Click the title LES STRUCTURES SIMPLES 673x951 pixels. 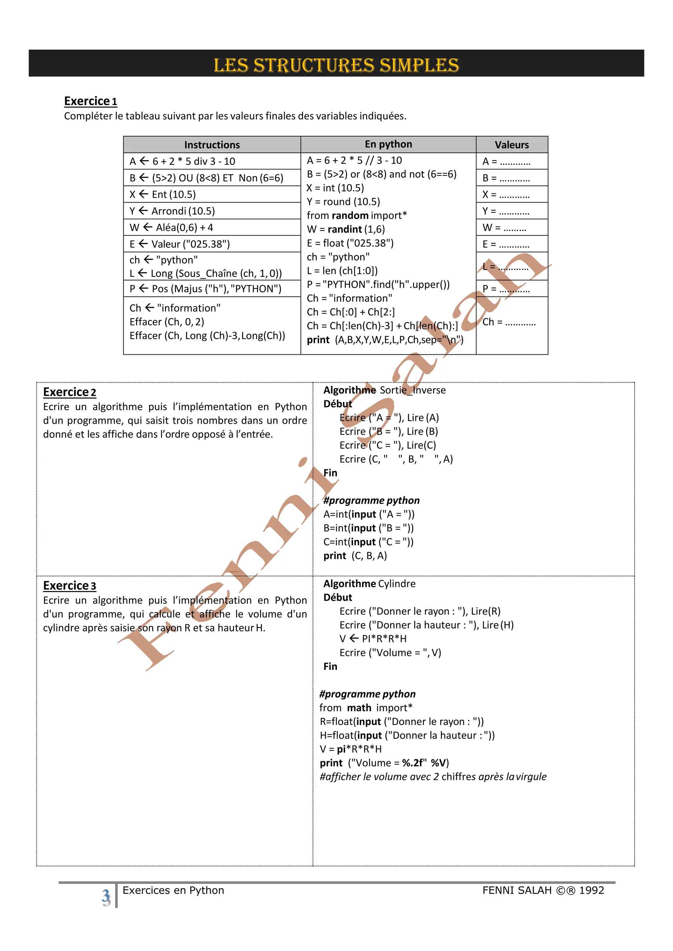[x=336, y=65]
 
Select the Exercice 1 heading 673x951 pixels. [x=90, y=101]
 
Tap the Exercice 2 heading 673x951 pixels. [x=69, y=392]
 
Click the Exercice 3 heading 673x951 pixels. [x=69, y=586]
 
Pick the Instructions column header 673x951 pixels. [x=212, y=145]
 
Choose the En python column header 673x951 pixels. [x=388, y=144]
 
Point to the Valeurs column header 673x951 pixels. [x=511, y=145]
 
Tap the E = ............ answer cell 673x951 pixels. [x=506, y=244]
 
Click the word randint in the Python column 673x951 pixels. [x=345, y=230]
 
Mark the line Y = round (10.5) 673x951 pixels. [x=343, y=202]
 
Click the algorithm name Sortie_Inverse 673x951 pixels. [x=413, y=390]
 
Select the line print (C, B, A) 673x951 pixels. [x=355, y=556]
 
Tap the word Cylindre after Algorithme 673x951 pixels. [x=397, y=584]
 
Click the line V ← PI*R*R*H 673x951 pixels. [x=373, y=639]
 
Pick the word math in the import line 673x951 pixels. [x=359, y=708]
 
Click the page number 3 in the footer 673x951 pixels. [x=106, y=897]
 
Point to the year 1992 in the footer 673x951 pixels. [x=592, y=891]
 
